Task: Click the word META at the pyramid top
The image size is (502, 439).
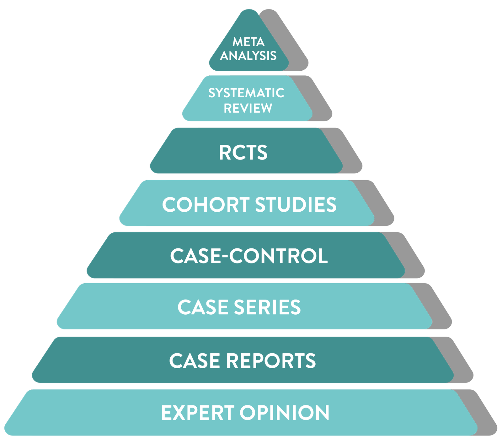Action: (248, 42)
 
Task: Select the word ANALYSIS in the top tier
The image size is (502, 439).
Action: (248, 56)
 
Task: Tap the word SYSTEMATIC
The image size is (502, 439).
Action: (246, 93)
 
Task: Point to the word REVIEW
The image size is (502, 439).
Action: (248, 108)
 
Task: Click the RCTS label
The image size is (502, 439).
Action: (243, 153)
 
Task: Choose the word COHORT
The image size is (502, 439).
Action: (206, 205)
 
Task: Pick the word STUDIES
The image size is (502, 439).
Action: (296, 205)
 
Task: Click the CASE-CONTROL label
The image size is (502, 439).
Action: (249, 256)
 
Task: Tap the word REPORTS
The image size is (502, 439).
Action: (271, 360)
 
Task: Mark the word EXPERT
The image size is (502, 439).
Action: (198, 413)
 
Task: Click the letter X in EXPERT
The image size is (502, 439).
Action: (184, 413)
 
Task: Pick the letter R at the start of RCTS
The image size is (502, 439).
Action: (225, 153)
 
